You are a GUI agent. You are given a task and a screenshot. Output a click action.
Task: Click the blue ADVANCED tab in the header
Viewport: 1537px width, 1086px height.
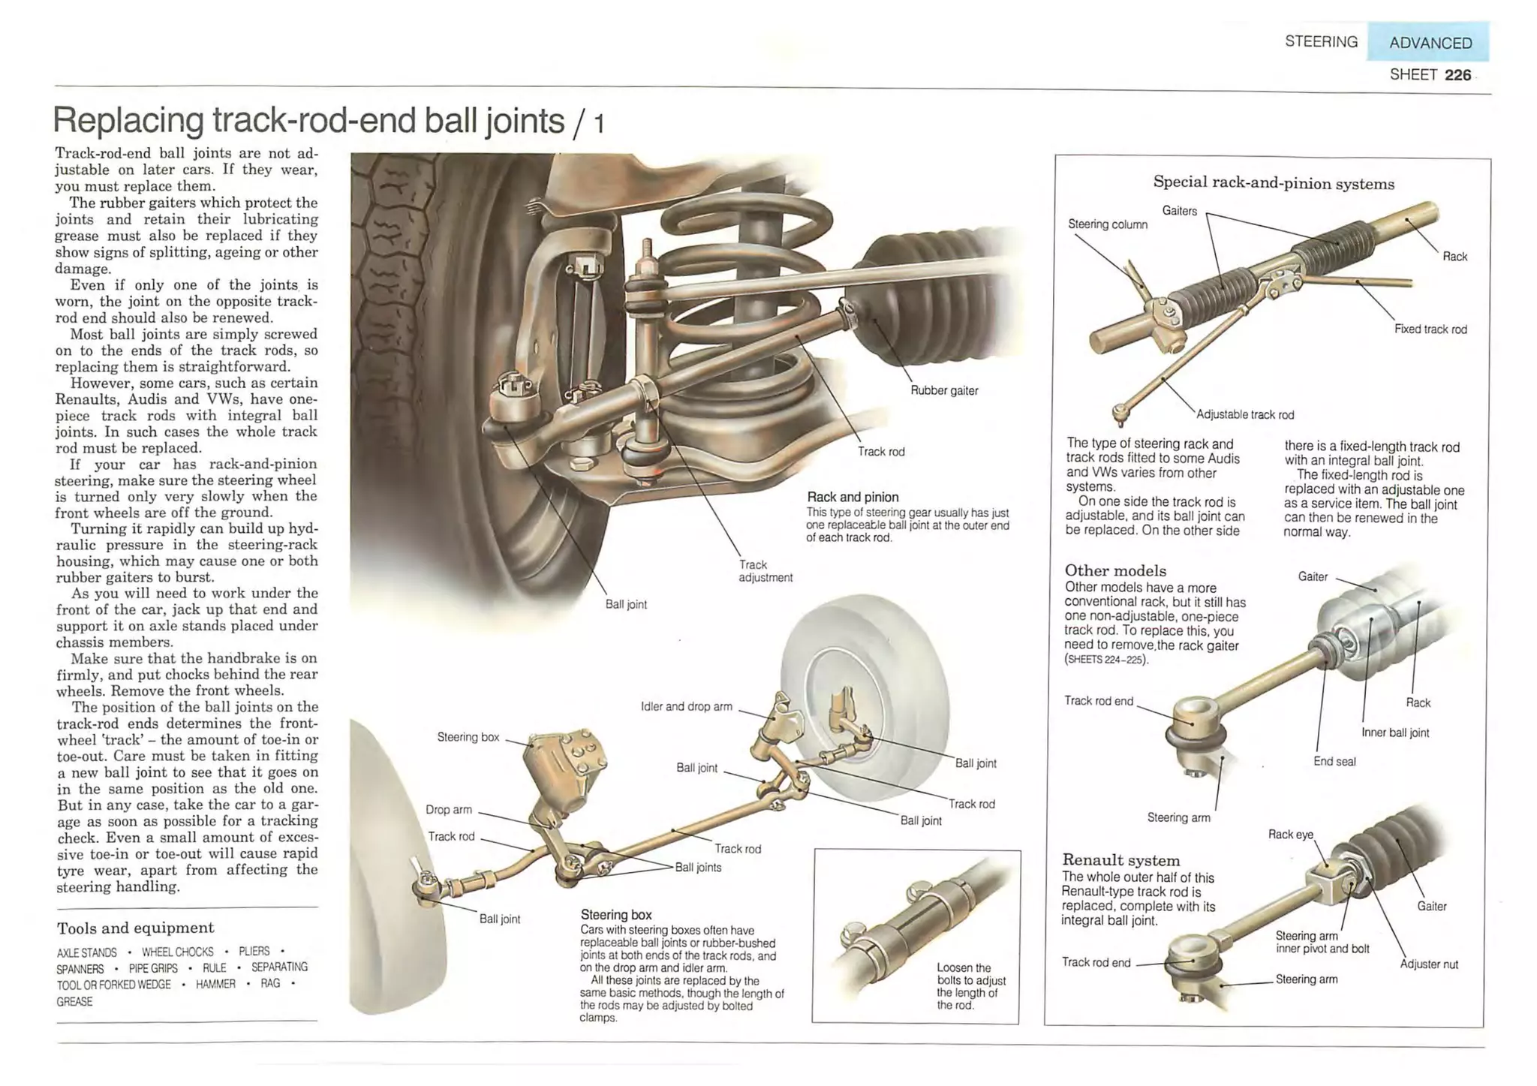(x=1429, y=43)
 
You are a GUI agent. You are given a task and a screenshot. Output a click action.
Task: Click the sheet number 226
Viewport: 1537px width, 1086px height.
(x=1457, y=75)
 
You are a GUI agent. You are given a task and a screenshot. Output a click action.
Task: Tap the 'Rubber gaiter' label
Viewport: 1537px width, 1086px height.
(x=944, y=390)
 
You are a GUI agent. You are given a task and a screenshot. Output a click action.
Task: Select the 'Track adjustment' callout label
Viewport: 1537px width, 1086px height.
(x=765, y=571)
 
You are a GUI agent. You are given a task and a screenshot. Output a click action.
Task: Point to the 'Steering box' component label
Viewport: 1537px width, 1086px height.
(x=468, y=737)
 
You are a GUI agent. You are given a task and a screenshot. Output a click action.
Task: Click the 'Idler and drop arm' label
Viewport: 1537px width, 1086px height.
(x=686, y=706)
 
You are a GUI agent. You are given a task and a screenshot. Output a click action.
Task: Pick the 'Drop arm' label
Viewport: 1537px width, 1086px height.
(x=449, y=809)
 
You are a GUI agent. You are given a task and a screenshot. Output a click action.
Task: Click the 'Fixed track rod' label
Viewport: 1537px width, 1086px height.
(x=1430, y=329)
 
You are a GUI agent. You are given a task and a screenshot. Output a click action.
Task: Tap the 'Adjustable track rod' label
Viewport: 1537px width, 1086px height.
(x=1245, y=414)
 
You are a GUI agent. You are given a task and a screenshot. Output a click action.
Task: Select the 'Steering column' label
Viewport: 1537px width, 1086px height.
(x=1108, y=224)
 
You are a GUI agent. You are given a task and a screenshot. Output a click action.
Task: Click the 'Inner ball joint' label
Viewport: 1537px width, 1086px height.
(x=1395, y=733)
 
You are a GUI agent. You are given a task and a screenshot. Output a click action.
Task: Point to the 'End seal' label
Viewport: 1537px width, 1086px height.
(x=1334, y=761)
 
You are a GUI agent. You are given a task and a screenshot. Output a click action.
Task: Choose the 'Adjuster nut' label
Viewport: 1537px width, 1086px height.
(x=1429, y=964)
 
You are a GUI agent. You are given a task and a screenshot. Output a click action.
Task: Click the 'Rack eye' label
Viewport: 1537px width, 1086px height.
(x=1290, y=834)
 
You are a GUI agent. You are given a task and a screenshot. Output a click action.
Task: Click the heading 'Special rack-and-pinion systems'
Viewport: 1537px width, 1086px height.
(x=1274, y=183)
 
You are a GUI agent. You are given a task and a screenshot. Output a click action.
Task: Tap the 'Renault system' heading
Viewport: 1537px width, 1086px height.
(x=1120, y=860)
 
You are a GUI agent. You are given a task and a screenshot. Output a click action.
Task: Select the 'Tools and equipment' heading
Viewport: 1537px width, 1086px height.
(x=135, y=928)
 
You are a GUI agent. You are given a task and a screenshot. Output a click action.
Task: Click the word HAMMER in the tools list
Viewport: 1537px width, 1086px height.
(x=215, y=984)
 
